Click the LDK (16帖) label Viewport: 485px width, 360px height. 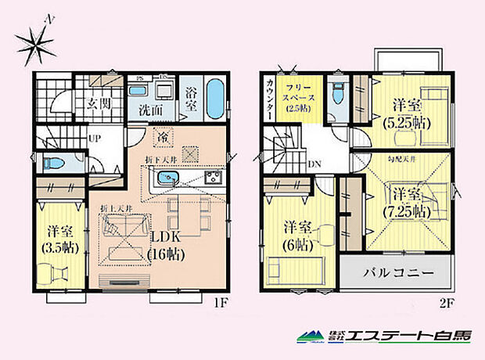click(x=168, y=247)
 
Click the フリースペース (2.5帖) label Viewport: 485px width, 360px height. click(x=300, y=98)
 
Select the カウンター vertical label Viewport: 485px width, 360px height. click(x=269, y=99)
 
